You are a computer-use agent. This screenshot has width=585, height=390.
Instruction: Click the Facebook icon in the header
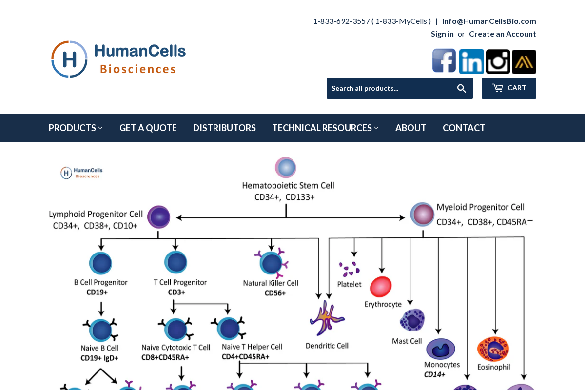[444, 61]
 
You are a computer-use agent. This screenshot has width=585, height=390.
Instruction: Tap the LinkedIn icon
[471, 61]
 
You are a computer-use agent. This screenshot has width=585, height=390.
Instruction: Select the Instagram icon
[498, 62]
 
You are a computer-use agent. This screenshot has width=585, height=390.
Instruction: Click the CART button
[509, 88]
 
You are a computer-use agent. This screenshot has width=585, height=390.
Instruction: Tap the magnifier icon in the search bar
[461, 88]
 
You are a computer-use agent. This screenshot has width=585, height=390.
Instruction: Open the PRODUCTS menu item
[76, 128]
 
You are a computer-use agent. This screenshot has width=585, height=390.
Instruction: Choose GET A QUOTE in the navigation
[148, 128]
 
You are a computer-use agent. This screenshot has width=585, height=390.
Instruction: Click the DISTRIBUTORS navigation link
[224, 128]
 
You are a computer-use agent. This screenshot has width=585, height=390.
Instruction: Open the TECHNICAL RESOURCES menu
[325, 128]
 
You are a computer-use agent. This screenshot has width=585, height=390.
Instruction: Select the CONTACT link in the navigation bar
[464, 128]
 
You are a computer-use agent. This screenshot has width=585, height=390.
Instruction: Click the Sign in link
[442, 34]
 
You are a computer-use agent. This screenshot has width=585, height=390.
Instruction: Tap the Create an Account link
[502, 34]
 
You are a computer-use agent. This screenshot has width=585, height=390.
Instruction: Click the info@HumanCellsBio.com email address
[489, 21]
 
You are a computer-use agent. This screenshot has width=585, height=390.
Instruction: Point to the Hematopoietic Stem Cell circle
[286, 167]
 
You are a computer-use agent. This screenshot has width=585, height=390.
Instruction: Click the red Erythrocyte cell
[381, 287]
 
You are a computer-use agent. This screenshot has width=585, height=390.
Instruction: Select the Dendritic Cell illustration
[326, 318]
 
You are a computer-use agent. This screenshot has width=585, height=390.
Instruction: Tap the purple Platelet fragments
[350, 269]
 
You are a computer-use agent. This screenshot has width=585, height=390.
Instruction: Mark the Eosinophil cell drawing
[493, 349]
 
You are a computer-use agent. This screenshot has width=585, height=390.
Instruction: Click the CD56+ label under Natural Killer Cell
[275, 293]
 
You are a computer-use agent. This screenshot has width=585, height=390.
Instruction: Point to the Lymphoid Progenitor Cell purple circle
[158, 217]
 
